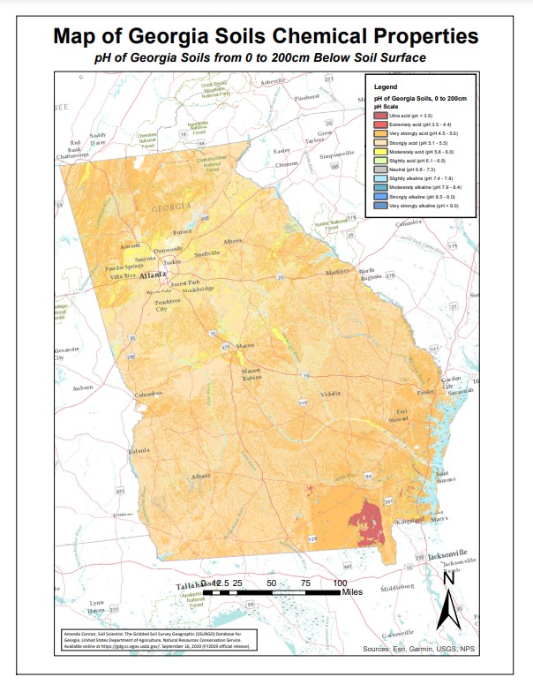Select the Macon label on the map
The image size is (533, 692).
(x=244, y=345)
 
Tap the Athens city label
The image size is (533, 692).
(x=233, y=241)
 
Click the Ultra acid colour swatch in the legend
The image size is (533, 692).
(x=379, y=116)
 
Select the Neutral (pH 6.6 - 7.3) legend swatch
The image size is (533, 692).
(x=379, y=169)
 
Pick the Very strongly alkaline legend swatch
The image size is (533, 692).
(x=379, y=206)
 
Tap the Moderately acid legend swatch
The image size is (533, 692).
(x=379, y=152)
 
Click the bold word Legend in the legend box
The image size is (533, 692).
(x=386, y=87)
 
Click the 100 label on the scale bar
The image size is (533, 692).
(x=340, y=583)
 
